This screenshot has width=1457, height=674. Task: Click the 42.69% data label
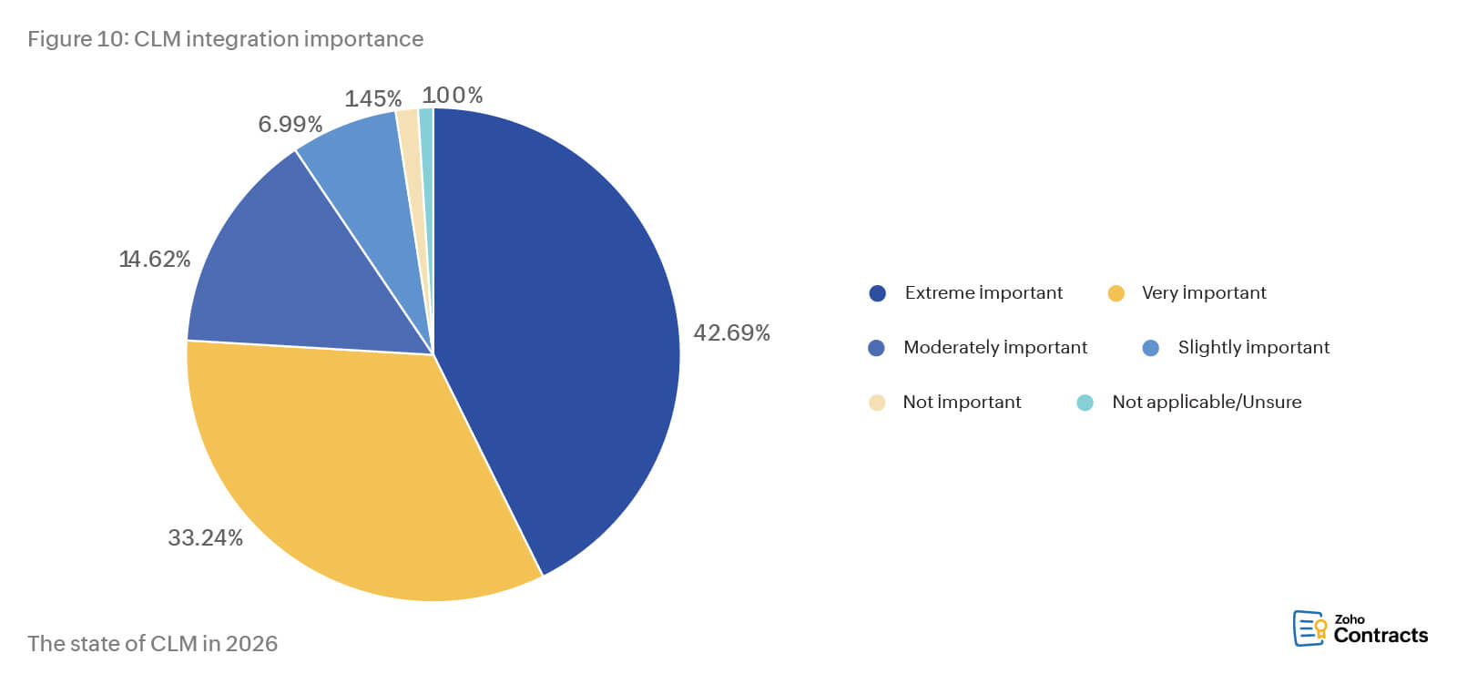[x=731, y=332]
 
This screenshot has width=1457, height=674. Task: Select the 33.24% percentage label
[x=205, y=537]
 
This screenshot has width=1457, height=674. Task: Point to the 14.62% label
[x=155, y=260]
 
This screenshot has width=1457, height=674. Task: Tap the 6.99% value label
[x=290, y=124]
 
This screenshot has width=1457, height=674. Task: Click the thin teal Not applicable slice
[x=426, y=146]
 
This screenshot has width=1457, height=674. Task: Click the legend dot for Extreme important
[x=878, y=293]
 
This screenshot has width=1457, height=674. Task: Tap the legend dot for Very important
[x=1116, y=293]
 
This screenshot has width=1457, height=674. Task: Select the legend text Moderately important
[x=995, y=347]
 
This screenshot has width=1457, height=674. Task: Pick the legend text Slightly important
[x=1253, y=347]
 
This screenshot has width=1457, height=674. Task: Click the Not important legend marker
[x=877, y=403]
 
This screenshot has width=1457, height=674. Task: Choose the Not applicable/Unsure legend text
[x=1207, y=402]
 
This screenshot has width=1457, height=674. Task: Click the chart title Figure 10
[x=225, y=39]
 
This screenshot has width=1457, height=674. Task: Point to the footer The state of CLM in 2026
[x=152, y=643]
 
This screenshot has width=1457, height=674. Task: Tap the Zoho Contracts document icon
[x=1309, y=628]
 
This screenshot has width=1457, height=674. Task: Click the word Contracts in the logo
[x=1381, y=636]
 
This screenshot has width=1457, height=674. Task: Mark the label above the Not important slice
[x=373, y=98]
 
